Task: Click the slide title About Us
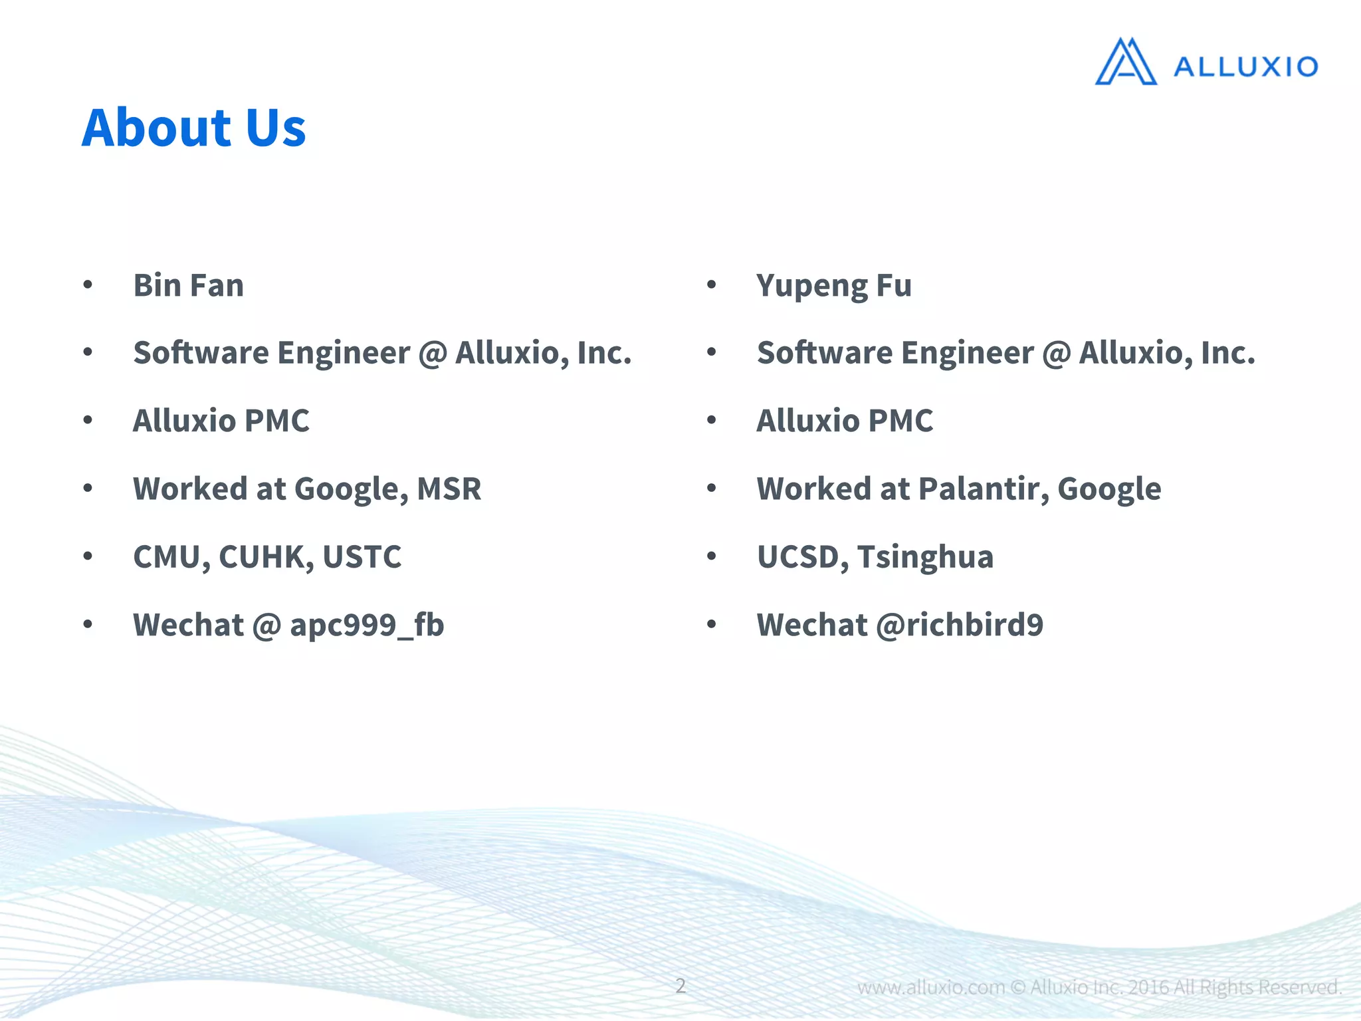click(x=193, y=128)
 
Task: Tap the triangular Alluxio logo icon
click(x=1125, y=62)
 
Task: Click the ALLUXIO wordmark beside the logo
click(x=1245, y=67)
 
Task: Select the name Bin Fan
click(x=189, y=286)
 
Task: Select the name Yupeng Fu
click(x=834, y=286)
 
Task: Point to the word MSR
click(x=449, y=489)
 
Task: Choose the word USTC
click(x=362, y=557)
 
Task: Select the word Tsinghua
click(x=925, y=557)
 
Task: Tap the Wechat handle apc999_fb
click(x=367, y=625)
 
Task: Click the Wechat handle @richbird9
click(x=960, y=625)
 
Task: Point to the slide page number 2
click(x=680, y=986)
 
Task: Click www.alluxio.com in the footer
click(x=930, y=988)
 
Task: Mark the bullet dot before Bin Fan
click(x=88, y=285)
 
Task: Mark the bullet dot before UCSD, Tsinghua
click(x=712, y=556)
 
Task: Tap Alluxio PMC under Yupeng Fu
click(x=845, y=421)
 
